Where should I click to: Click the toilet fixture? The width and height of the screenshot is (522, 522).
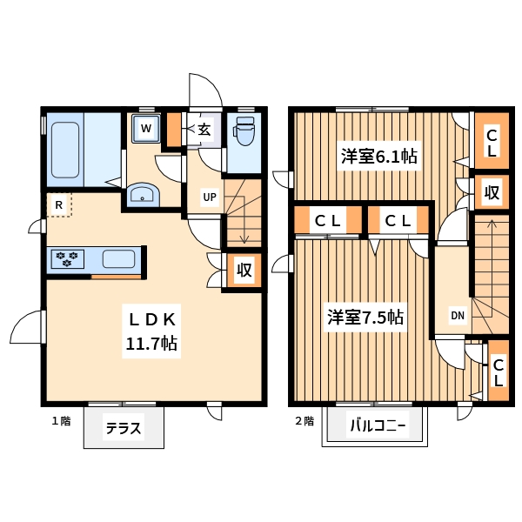(x=244, y=130)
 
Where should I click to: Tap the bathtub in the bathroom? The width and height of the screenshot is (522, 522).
(x=65, y=151)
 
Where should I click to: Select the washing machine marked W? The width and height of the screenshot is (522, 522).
(x=146, y=129)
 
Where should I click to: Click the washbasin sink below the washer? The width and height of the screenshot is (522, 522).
(x=144, y=195)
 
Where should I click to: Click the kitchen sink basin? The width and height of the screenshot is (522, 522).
(x=119, y=259)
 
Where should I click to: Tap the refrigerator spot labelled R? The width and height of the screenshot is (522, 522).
(x=59, y=204)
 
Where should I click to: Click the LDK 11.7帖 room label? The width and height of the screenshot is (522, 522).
(x=151, y=331)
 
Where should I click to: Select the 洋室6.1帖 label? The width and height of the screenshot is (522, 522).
(x=378, y=156)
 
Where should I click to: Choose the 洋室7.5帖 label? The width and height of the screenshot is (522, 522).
(x=365, y=318)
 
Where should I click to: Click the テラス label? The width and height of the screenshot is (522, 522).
(x=124, y=428)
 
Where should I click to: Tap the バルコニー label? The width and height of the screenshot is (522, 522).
(x=378, y=425)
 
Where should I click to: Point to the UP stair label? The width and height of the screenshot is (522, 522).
(x=210, y=197)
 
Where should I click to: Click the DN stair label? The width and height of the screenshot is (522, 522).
(x=458, y=315)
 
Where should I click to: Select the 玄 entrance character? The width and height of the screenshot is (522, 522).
(x=204, y=130)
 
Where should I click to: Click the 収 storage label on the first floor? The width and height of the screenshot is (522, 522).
(x=244, y=270)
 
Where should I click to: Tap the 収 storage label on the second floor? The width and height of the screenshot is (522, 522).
(x=492, y=192)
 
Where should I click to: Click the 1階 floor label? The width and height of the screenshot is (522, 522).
(x=61, y=421)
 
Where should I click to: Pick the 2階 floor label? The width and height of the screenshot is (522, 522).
(x=304, y=421)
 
